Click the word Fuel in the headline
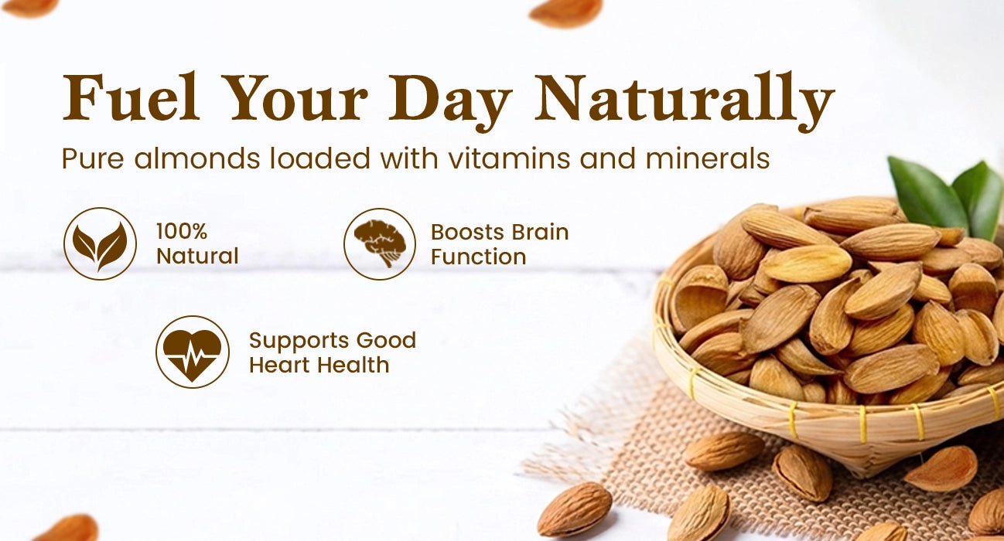(x=131, y=97)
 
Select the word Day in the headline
(x=449, y=103)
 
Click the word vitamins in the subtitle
(x=508, y=158)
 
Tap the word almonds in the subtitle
(x=197, y=158)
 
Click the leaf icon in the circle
(x=100, y=244)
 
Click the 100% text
(x=182, y=232)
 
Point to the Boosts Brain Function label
(x=500, y=244)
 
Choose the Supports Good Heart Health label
(x=333, y=353)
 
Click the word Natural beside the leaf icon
(x=197, y=257)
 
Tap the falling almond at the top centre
(x=565, y=12)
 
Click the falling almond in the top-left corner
(x=29, y=8)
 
